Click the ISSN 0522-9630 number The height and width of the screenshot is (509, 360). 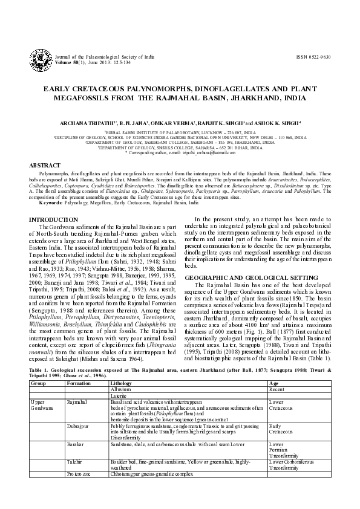coord(313,57)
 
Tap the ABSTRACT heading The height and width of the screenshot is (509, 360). coord(45,165)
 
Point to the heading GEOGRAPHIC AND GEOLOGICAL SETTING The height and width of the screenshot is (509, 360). coord(248,275)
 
